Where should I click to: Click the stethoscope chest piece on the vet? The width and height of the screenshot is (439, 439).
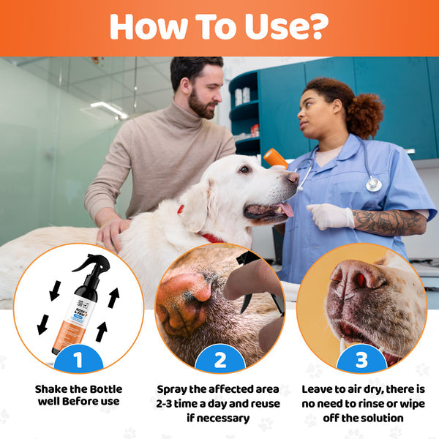pyautogui.click(x=373, y=184)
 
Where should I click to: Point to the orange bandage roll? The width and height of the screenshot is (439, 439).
pyautogui.click(x=275, y=158)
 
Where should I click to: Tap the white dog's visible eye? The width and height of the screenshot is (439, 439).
pyautogui.click(x=244, y=169)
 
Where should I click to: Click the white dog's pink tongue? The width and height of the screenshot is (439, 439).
pyautogui.click(x=285, y=209)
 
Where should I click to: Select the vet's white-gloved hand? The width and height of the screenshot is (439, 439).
pyautogui.click(x=331, y=216)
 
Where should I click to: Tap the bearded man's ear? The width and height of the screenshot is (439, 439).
pyautogui.click(x=185, y=86)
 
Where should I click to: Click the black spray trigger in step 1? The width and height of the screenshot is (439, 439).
pyautogui.click(x=90, y=265)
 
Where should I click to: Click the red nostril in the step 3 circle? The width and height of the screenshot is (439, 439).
pyautogui.click(x=360, y=280)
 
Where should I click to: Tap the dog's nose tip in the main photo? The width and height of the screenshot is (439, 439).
pyautogui.click(x=293, y=177)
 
